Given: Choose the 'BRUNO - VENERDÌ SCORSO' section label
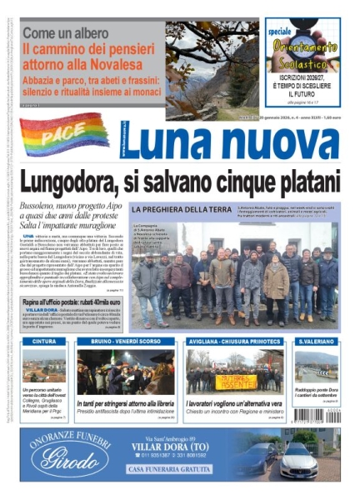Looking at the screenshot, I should (125, 342).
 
